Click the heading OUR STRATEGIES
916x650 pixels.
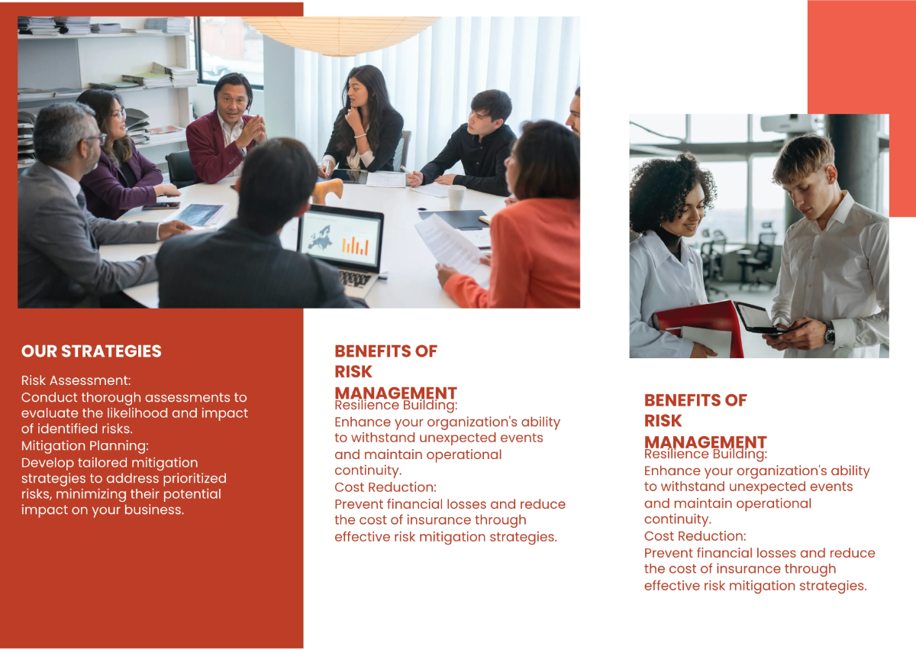pyautogui.click(x=92, y=351)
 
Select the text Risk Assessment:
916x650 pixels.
pyautogui.click(x=76, y=380)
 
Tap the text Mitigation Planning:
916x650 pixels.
pyautogui.click(x=85, y=446)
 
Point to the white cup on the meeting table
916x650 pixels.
pyautogui.click(x=456, y=196)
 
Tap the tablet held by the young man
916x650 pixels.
pyautogui.click(x=756, y=317)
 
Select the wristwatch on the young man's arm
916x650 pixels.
pyautogui.click(x=829, y=332)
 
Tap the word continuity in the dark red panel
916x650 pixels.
pyautogui.click(x=368, y=471)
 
